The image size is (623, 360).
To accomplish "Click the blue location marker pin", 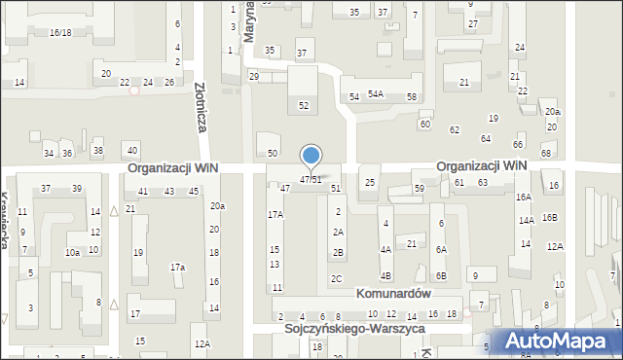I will tap(311, 157).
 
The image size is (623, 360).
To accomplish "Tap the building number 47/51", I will tap(311, 180).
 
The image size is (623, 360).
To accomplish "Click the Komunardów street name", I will tap(393, 293).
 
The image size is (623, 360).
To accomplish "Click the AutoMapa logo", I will tap(561, 342).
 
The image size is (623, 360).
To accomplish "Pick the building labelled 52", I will tap(304, 105).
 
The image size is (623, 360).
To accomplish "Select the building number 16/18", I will tap(60, 32).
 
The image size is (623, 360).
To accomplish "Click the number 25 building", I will tap(370, 182).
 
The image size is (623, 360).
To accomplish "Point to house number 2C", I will tap(337, 279).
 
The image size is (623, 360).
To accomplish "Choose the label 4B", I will tap(385, 276).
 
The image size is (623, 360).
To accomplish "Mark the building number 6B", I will tap(441, 276).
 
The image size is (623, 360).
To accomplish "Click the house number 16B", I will tap(550, 217).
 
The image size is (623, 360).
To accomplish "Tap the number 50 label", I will tap(274, 153).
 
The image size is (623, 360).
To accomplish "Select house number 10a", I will tap(72, 252).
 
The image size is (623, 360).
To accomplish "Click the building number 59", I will tap(420, 188).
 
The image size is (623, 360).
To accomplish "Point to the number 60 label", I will tap(425, 125).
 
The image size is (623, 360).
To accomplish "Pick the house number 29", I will tap(254, 76).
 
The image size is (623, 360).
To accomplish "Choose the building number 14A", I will tap(527, 221).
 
